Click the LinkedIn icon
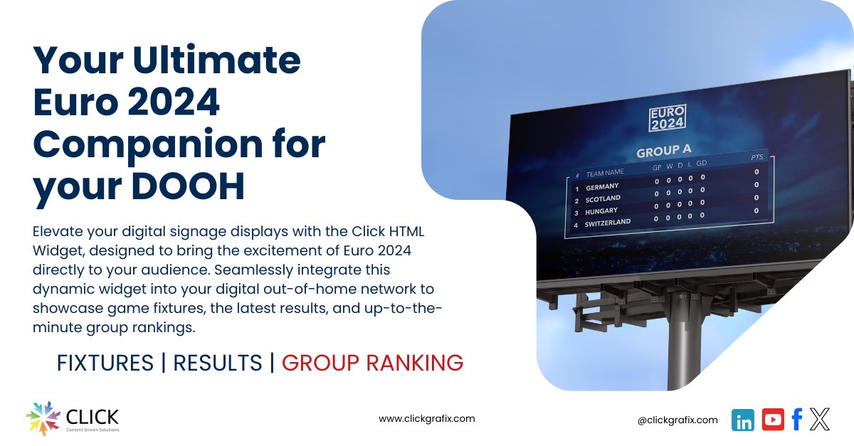[x=744, y=420]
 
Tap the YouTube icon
[x=773, y=420]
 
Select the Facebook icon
[x=797, y=420]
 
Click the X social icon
[x=820, y=420]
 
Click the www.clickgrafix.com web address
[x=426, y=419]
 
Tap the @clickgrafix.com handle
[x=678, y=420]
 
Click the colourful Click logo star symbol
[x=43, y=419]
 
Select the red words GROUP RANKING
[x=372, y=363]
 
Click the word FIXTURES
[x=105, y=363]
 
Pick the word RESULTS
[x=218, y=363]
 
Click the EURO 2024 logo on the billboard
[x=668, y=118]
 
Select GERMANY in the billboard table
[x=602, y=187]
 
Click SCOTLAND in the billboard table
[x=603, y=199]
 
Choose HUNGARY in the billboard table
[x=601, y=211]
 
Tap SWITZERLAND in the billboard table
[x=607, y=223]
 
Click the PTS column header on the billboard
[x=757, y=156]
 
